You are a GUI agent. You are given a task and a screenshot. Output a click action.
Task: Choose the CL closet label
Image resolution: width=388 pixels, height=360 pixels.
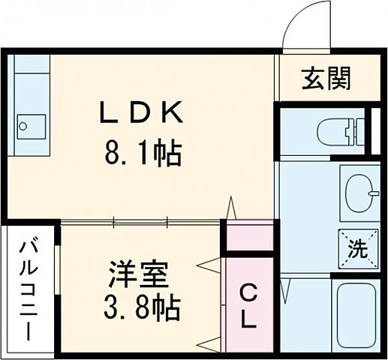(x=249, y=307)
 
